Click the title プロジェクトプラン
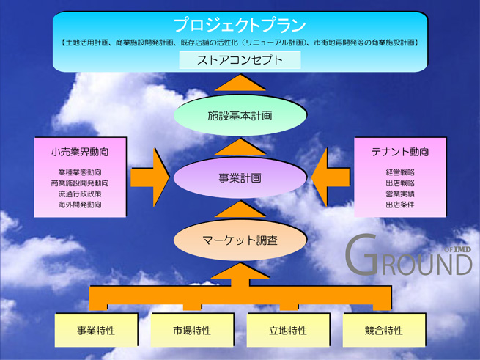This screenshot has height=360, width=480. [240, 25]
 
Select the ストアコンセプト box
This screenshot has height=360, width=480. [240, 60]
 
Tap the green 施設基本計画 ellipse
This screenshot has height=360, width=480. [240, 116]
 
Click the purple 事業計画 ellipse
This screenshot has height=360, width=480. [240, 178]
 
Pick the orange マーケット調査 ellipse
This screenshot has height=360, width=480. [240, 240]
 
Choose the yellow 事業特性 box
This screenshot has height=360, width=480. [96, 331]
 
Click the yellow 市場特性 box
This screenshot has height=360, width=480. [192, 331]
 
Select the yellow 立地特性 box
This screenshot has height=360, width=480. [288, 331]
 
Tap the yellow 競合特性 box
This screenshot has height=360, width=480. [384, 331]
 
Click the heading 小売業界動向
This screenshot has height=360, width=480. [80, 153]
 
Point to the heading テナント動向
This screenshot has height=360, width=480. [399, 153]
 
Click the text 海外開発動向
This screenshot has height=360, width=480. [80, 205]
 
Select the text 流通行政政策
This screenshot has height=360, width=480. [80, 194]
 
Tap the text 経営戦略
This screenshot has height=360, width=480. [399, 172]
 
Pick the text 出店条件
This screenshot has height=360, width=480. [399, 205]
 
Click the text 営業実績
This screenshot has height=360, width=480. [399, 194]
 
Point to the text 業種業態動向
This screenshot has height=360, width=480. [80, 172]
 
